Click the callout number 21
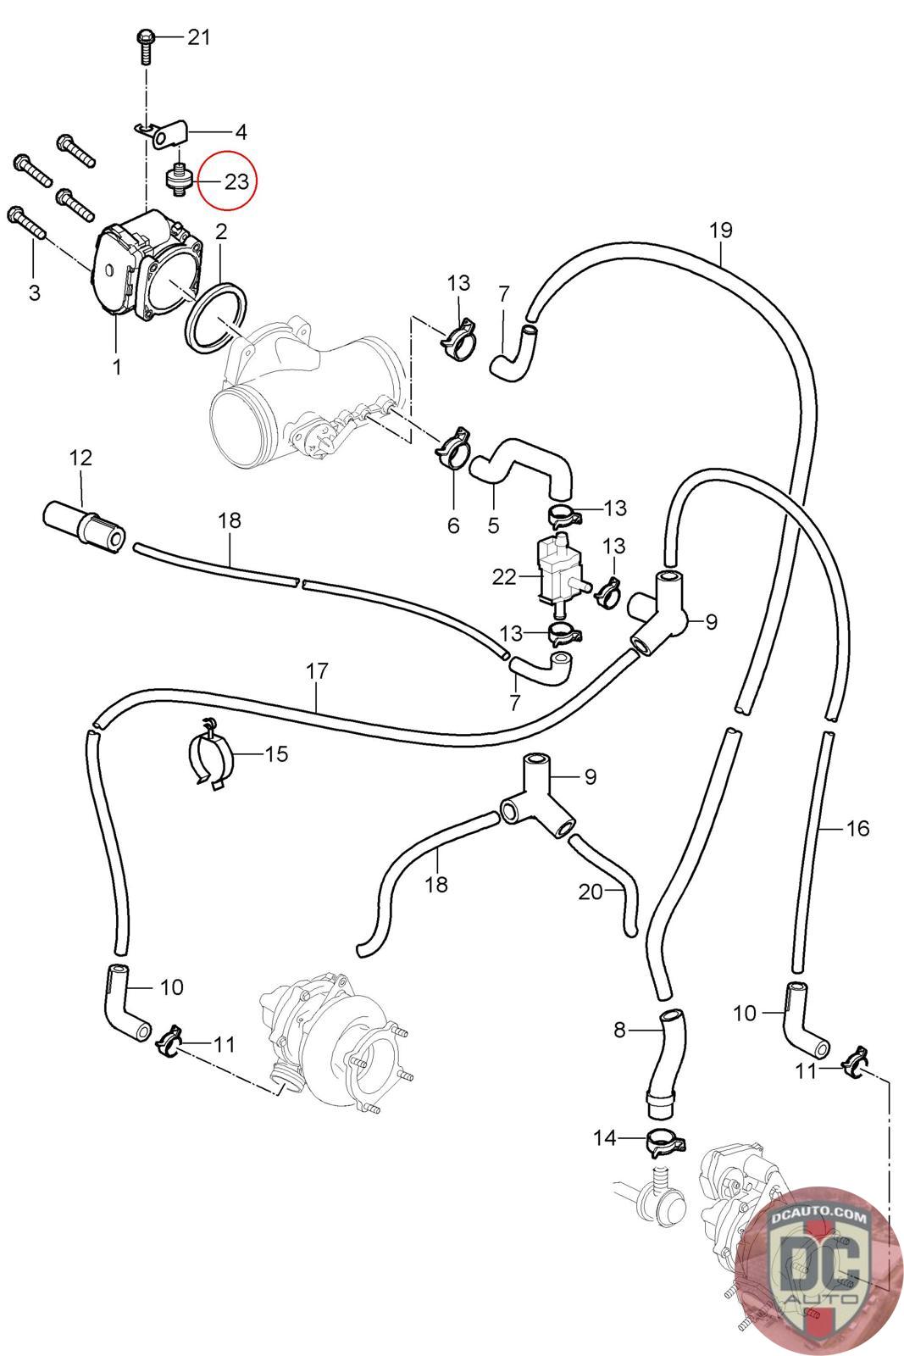tap(198, 37)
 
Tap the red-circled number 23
tap(236, 181)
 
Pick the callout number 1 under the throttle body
tap(117, 367)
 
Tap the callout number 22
tap(504, 576)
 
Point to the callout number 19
tap(720, 230)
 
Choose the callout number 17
tap(317, 671)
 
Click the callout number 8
tap(619, 1030)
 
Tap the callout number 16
tap(857, 827)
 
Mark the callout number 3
tap(34, 292)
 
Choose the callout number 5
tap(493, 525)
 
